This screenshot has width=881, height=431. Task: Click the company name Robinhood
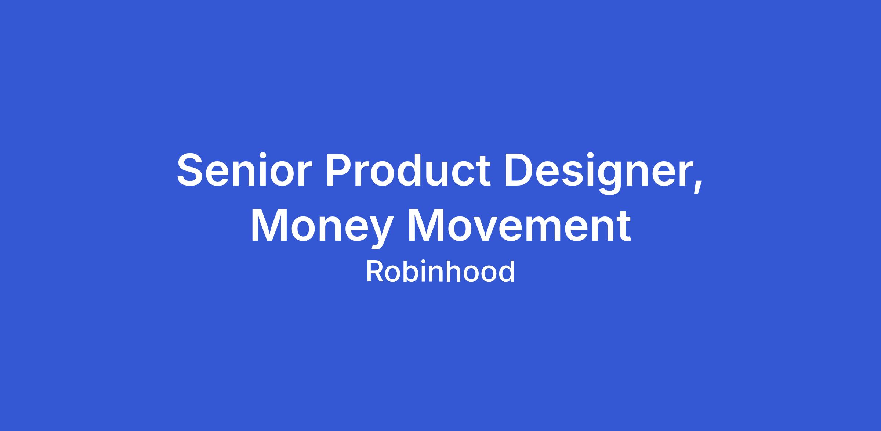pyautogui.click(x=440, y=272)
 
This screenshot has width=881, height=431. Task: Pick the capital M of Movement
pyautogui.click(x=427, y=225)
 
